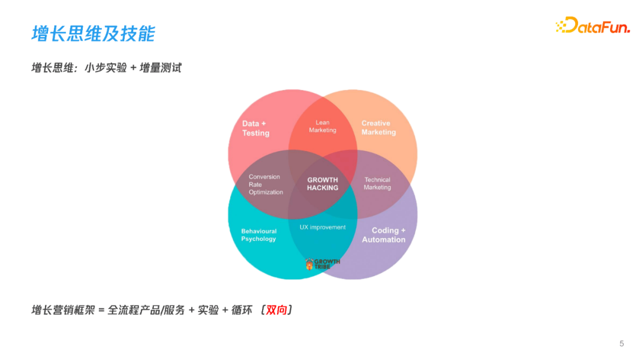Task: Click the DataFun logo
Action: coord(592,25)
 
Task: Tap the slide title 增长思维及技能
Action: coord(93,34)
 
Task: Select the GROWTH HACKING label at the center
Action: coord(322,184)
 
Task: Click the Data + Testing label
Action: coord(255,128)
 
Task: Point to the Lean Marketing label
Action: coord(322,126)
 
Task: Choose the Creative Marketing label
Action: coord(378,128)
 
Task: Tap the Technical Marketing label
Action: coord(377,184)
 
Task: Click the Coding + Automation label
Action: coord(384,235)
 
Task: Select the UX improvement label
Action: coord(322,227)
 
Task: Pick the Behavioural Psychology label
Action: coord(259,235)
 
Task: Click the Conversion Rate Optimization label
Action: coord(265,184)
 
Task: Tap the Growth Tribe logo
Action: coord(322,263)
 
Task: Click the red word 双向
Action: coord(276,310)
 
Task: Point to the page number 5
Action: coord(621,343)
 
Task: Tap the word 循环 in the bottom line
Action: coord(241,310)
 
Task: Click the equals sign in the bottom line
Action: coord(101,310)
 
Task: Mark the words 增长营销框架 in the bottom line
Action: coord(63,310)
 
